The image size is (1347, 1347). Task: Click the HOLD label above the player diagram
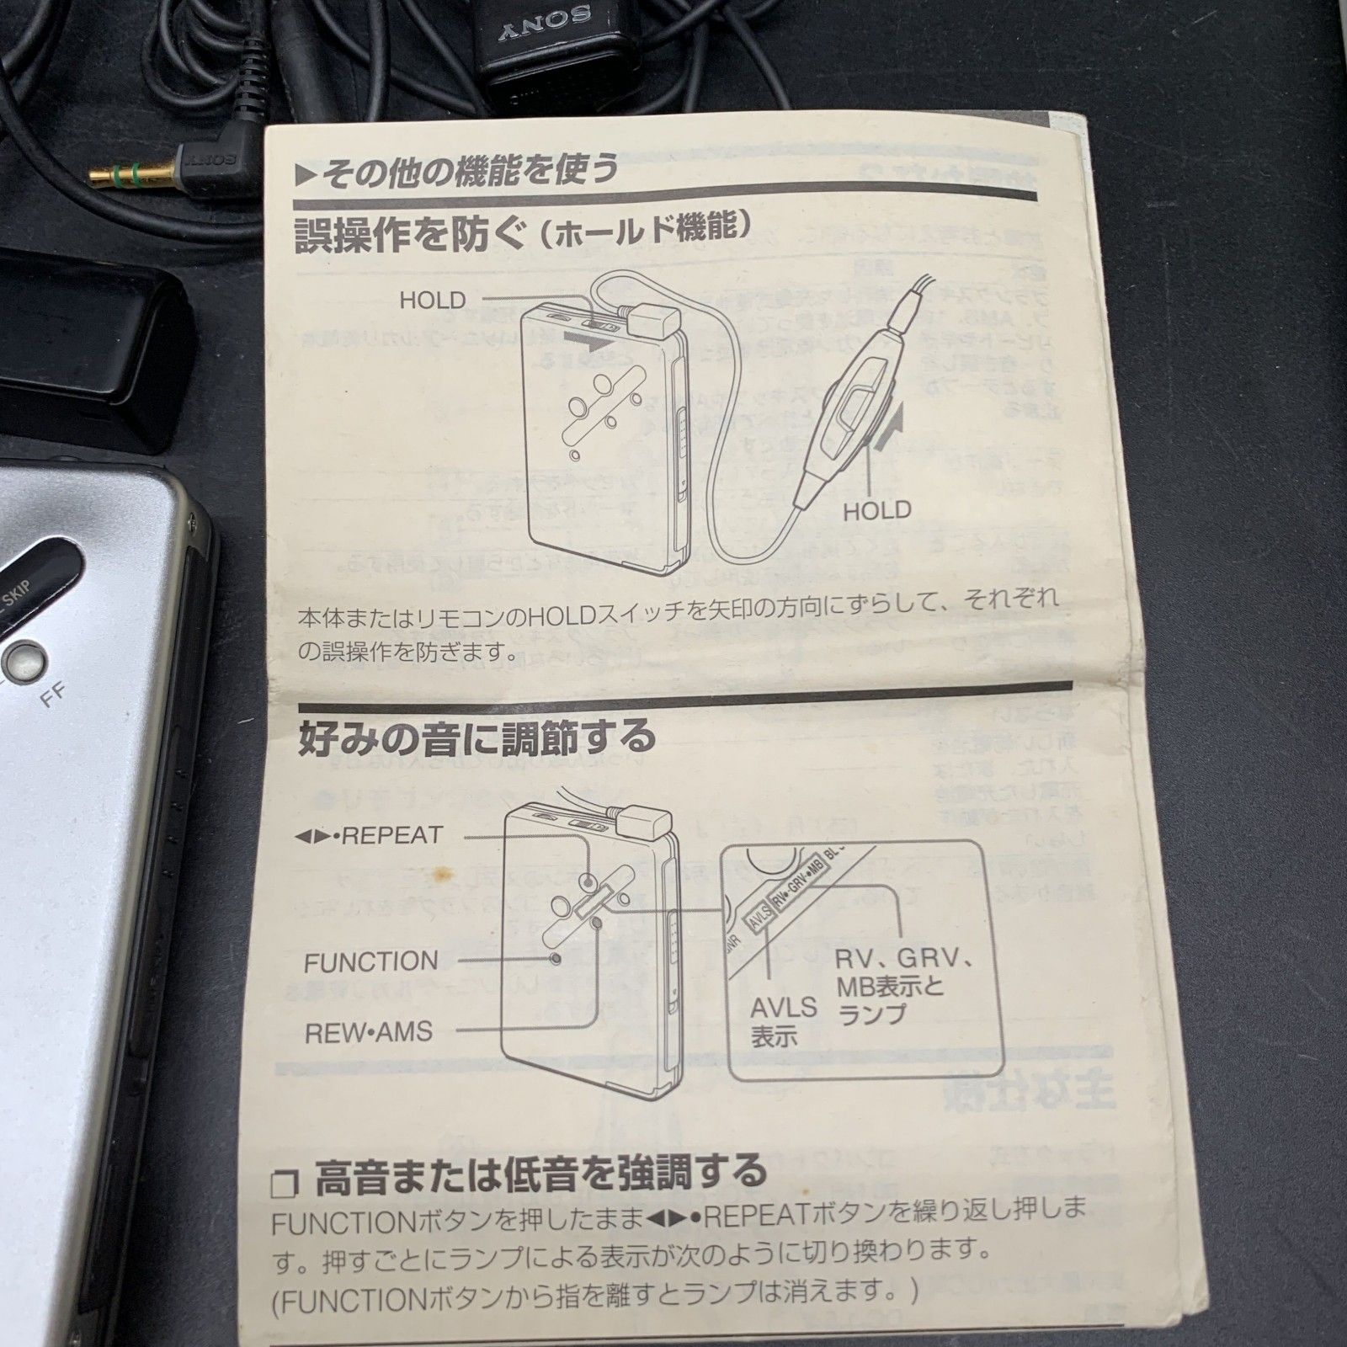(x=432, y=300)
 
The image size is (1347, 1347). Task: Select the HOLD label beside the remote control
(x=877, y=509)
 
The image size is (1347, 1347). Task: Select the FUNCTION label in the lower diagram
(x=370, y=961)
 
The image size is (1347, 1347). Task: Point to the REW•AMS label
(x=368, y=1031)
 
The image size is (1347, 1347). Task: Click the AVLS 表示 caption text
(x=784, y=1020)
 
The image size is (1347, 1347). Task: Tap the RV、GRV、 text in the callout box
(x=904, y=959)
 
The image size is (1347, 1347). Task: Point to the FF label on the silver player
(x=52, y=697)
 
